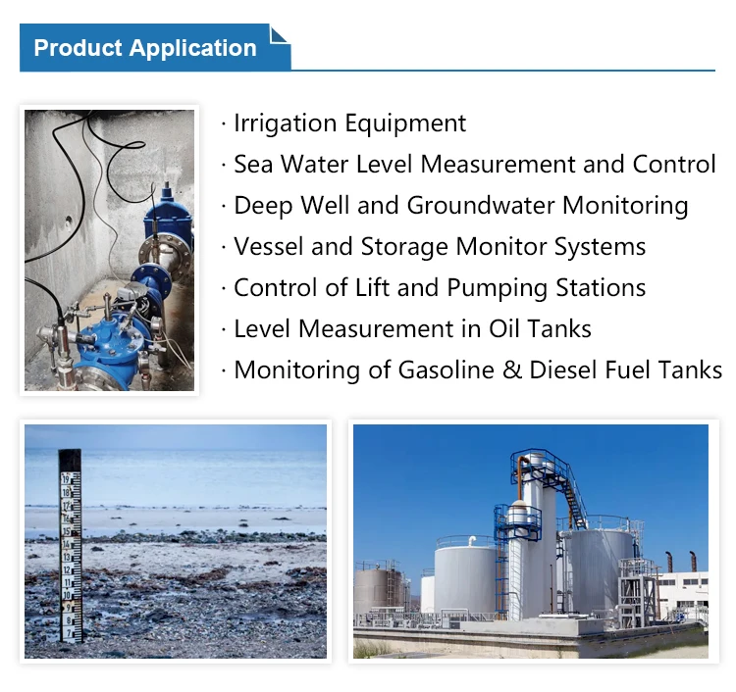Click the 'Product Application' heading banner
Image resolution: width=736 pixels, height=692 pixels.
pyautogui.click(x=145, y=48)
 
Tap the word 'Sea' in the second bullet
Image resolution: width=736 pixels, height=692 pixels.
pyautogui.click(x=253, y=165)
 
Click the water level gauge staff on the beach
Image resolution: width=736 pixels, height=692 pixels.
pyautogui.click(x=70, y=544)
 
